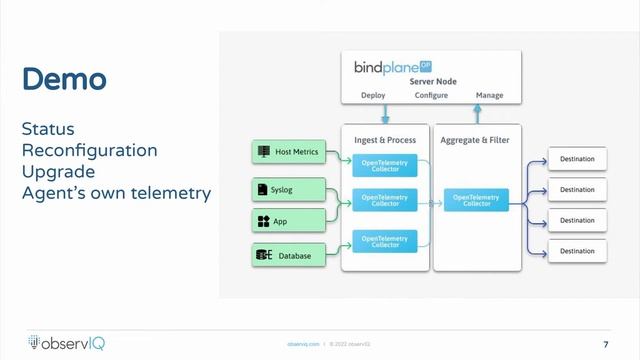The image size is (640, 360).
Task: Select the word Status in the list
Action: [48, 130]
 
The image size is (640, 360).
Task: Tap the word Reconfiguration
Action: [89, 151]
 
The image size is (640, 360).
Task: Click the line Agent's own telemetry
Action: [115, 192]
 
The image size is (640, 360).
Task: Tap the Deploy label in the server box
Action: [372, 97]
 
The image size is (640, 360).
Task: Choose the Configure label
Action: [431, 97]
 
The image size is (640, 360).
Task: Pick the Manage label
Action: [489, 97]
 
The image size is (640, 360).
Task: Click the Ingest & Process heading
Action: [386, 140]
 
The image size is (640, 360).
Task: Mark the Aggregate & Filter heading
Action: [475, 140]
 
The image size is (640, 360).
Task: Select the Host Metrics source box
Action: [287, 152]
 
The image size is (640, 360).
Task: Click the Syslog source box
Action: [287, 189]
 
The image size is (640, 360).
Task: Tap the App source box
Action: [287, 221]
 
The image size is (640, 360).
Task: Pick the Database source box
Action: [287, 256]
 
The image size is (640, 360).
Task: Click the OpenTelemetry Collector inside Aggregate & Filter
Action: [476, 201]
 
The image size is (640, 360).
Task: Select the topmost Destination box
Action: [576, 158]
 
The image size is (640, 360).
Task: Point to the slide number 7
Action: [606, 343]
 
